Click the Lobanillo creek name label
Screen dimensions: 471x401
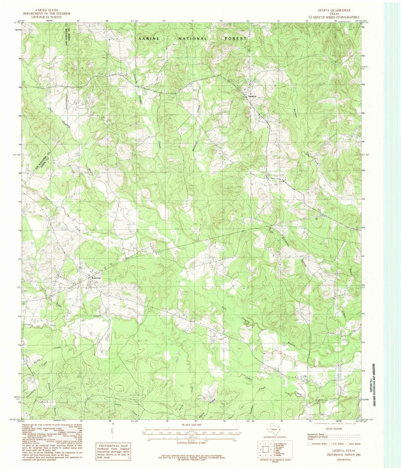coord(136,79)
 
